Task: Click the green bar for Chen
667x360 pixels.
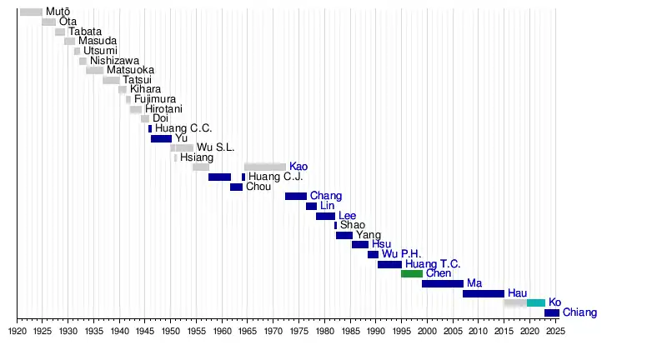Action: (x=412, y=273)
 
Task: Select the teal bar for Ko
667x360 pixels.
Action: (x=536, y=302)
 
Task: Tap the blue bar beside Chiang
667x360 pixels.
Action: (x=552, y=312)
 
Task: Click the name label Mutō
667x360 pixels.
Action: (x=58, y=12)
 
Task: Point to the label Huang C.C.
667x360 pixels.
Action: (x=183, y=128)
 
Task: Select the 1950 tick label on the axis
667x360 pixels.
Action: (x=171, y=332)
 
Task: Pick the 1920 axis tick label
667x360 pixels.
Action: (x=18, y=332)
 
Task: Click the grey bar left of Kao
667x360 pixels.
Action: (x=265, y=167)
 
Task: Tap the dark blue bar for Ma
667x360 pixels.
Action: (x=443, y=283)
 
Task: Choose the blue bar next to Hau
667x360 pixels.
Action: (x=484, y=293)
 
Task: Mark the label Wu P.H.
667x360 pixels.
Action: (x=401, y=254)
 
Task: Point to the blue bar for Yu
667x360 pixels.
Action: (x=161, y=138)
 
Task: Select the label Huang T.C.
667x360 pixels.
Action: (x=433, y=264)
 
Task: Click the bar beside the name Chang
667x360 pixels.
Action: (x=296, y=196)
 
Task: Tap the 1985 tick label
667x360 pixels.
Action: (x=350, y=332)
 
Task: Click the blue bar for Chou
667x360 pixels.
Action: (x=236, y=187)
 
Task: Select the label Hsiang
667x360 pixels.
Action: (x=197, y=157)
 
